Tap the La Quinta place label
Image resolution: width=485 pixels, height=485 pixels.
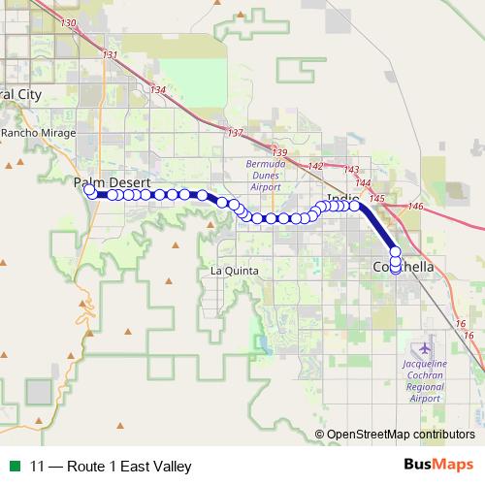pos(235,272)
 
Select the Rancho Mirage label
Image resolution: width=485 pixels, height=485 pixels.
pos(34,133)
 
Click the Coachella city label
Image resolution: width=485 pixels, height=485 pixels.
pos(404,267)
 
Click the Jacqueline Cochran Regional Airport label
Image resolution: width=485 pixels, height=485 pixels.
pos(423,380)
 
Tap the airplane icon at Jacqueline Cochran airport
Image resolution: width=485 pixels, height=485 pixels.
pos(423,346)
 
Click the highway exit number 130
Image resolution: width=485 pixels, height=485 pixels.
pos(68,22)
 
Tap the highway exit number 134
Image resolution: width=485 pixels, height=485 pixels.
pos(158,90)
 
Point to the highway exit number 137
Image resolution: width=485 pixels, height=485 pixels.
pos(235,132)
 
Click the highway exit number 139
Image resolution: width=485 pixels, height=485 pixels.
pos(280,152)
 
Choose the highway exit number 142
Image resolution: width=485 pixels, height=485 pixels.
pos(316,166)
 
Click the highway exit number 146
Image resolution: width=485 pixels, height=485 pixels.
pos(416,207)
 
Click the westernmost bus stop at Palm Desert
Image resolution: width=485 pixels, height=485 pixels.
pos(89,190)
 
